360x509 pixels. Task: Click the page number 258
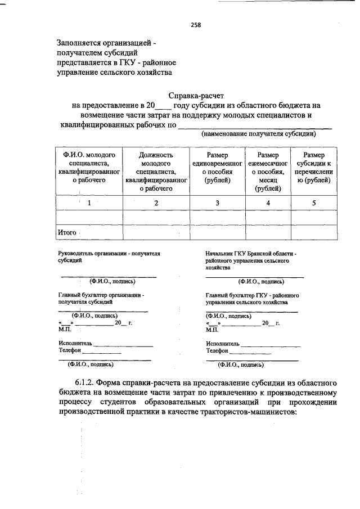(195, 25)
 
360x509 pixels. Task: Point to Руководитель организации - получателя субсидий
(109, 257)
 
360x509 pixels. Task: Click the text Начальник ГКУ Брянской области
(250, 254)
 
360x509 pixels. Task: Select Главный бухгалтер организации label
(101, 295)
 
